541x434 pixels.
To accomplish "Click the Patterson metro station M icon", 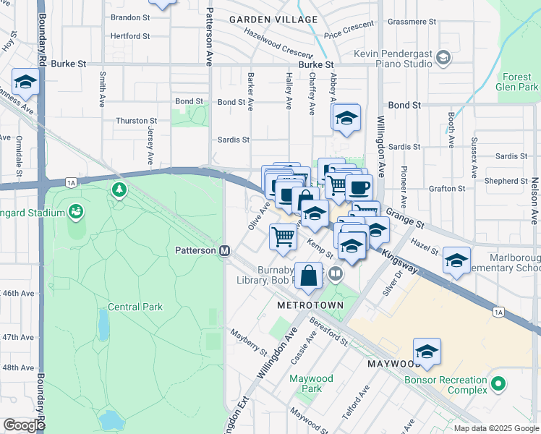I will [224, 250].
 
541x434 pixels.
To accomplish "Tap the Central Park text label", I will [135, 307].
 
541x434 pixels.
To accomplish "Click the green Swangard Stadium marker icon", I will [75, 211].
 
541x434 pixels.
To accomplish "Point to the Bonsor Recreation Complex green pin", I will [498, 383].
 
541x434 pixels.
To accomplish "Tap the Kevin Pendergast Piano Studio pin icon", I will [443, 57].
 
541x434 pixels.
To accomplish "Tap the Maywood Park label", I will [312, 384].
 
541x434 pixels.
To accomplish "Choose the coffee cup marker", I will [358, 187].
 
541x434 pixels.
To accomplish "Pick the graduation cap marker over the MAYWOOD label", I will [427, 351].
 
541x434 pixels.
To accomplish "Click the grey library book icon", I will [335, 273].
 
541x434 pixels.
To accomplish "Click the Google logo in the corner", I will [24, 425].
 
